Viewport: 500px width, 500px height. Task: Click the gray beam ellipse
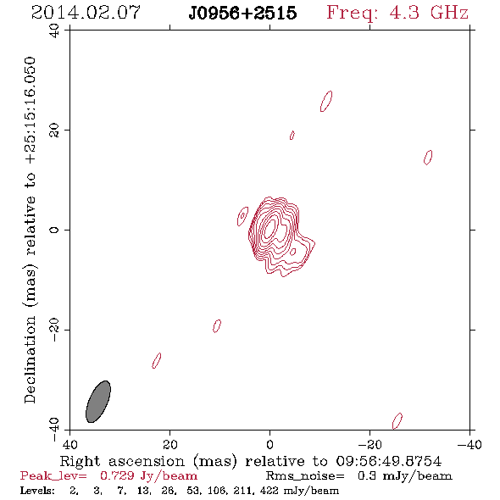tap(98, 402)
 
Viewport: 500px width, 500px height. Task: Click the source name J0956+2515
tap(242, 14)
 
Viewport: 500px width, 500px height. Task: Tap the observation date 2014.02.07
tap(86, 13)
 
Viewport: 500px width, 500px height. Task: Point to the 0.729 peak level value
tap(117, 475)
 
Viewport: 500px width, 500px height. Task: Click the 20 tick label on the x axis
tap(169, 445)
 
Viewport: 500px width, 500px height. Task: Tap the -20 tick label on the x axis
tap(369, 445)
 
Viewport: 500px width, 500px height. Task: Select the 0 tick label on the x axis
tap(269, 445)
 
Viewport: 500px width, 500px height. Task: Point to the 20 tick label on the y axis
tap(54, 131)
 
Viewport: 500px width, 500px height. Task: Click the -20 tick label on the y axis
tap(54, 330)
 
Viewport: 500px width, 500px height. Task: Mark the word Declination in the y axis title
tap(30, 359)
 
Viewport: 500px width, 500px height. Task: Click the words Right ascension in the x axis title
tap(122, 461)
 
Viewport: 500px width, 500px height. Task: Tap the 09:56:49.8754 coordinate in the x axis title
tap(389, 461)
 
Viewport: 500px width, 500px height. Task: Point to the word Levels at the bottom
tap(37, 490)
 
